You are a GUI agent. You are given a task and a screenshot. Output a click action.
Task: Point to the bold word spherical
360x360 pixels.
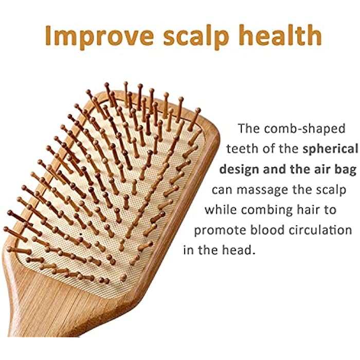(x=329, y=149)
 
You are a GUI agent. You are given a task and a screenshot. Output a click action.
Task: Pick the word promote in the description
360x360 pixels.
(x=218, y=230)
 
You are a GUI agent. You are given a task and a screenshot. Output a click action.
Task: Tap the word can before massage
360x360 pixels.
(x=224, y=190)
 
